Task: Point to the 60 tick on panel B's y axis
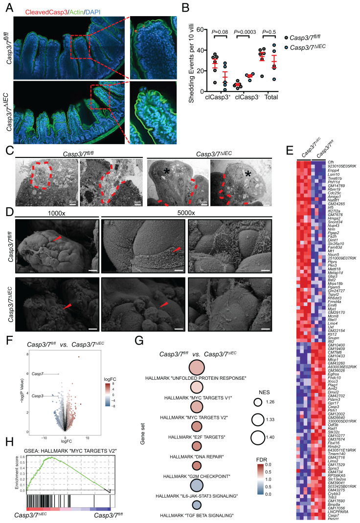pyautogui.click(x=201, y=30)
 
